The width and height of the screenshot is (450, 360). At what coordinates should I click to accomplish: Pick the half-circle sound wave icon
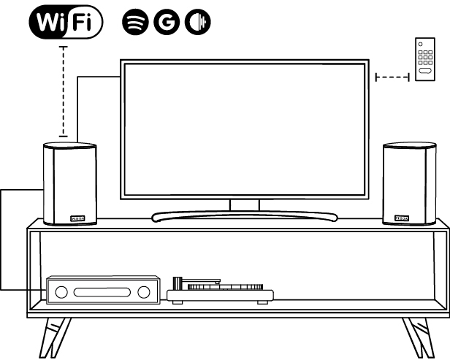tap(197, 23)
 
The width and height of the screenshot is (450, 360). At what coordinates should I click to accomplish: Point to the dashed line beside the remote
tap(392, 76)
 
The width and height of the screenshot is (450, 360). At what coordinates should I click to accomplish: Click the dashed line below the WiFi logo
tap(64, 91)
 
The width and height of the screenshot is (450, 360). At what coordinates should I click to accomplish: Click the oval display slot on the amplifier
tap(103, 293)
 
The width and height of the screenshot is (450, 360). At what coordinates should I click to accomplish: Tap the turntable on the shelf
tap(219, 293)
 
